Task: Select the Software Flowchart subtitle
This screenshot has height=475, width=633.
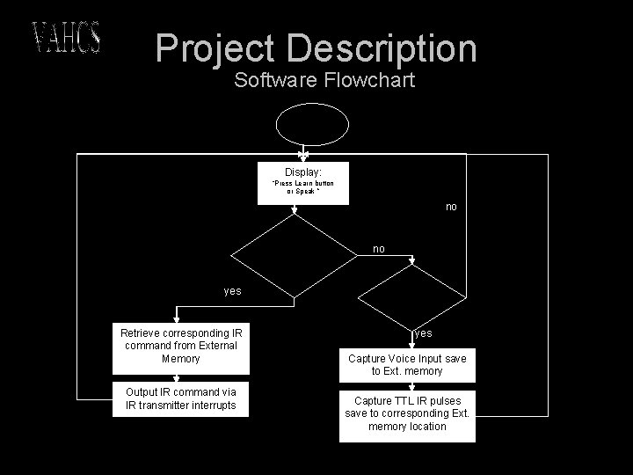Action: (324, 81)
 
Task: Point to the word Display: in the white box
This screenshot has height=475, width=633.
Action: (302, 172)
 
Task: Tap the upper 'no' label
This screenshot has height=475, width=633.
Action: (451, 207)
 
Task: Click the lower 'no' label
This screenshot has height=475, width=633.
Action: (378, 249)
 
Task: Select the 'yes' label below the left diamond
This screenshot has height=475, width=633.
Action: (232, 290)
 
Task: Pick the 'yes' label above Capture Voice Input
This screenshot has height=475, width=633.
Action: (423, 333)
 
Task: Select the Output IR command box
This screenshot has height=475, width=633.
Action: (181, 398)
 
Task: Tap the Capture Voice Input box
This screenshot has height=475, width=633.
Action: (407, 365)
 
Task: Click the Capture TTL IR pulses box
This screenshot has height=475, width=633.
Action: (407, 413)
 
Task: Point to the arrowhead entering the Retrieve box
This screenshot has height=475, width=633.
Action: (178, 319)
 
